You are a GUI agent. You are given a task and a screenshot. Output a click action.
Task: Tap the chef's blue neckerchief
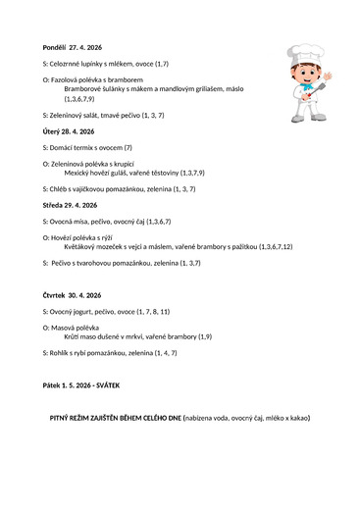(x=306, y=86)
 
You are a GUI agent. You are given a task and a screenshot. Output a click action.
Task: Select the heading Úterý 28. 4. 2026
(x=69, y=131)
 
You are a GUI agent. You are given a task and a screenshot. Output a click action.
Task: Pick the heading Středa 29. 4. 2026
(x=71, y=205)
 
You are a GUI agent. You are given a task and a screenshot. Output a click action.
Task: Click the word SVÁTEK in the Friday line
(x=107, y=385)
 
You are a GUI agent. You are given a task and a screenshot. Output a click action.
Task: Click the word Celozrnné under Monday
(x=70, y=63)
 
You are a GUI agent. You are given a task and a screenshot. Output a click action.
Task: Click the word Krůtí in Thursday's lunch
(x=74, y=336)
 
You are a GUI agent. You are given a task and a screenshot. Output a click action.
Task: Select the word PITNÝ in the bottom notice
(x=64, y=418)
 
